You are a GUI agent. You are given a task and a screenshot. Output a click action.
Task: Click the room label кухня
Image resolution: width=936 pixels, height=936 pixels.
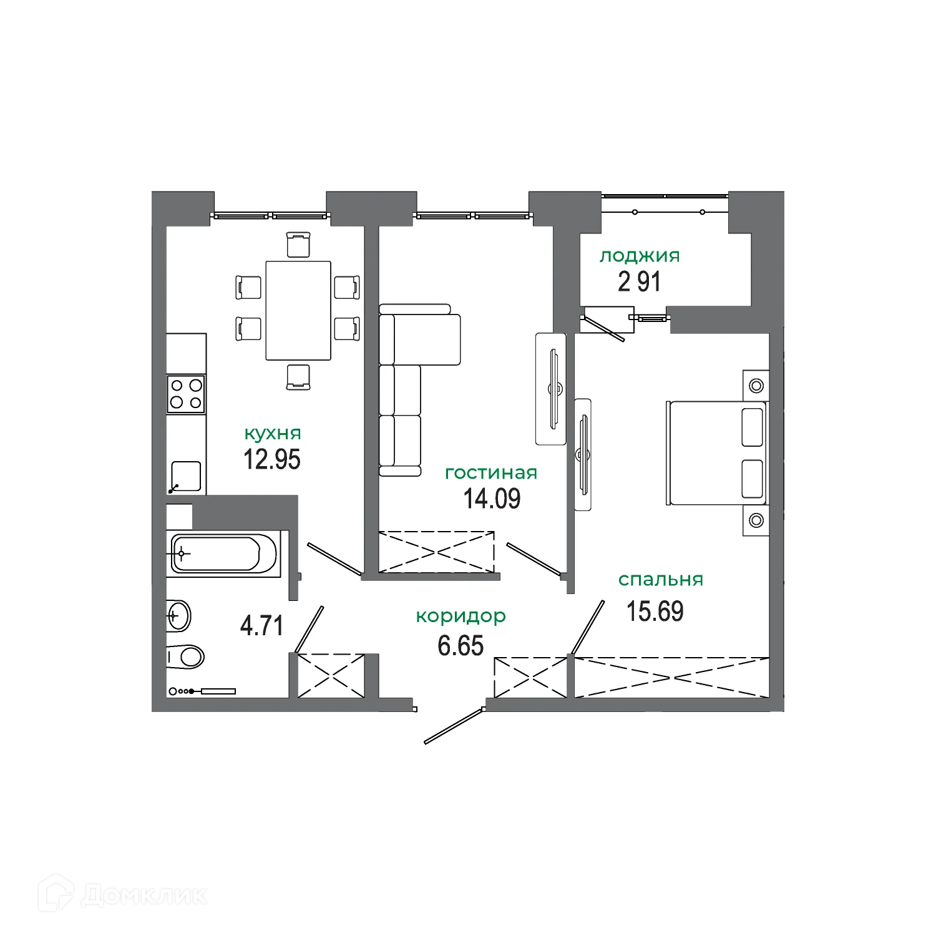pyautogui.click(x=272, y=434)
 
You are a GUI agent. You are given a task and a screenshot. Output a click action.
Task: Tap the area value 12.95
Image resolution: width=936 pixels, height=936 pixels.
pyautogui.click(x=272, y=460)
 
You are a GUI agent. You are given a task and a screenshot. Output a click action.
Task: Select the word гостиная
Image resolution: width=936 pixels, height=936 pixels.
pyautogui.click(x=491, y=473)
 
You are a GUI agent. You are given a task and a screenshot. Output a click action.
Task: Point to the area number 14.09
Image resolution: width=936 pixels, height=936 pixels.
pyautogui.click(x=492, y=499)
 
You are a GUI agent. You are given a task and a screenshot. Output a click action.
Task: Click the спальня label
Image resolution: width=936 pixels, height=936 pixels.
pyautogui.click(x=660, y=580)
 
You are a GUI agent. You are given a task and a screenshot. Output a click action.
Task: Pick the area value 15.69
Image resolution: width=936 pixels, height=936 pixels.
pyautogui.click(x=655, y=612)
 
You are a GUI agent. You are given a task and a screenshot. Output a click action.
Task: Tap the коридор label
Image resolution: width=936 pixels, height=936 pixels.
pyautogui.click(x=461, y=617)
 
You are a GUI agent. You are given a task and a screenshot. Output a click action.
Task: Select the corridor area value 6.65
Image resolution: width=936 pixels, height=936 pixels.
pyautogui.click(x=461, y=646)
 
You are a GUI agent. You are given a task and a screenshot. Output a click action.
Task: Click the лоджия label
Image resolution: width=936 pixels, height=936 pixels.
pyautogui.click(x=640, y=256)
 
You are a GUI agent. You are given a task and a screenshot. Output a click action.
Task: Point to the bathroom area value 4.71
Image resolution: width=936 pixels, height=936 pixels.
pyautogui.click(x=262, y=625)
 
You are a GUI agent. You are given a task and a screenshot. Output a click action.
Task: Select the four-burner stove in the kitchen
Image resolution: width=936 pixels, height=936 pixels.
pyautogui.click(x=186, y=394)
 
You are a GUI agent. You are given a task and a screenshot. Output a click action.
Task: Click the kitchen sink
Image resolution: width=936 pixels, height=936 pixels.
pyautogui.click(x=186, y=476)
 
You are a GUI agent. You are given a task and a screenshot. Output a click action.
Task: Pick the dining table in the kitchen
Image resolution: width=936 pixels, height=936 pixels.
pyautogui.click(x=298, y=310)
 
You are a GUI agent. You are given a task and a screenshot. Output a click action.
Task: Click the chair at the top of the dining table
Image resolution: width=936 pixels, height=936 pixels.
pyautogui.click(x=298, y=244)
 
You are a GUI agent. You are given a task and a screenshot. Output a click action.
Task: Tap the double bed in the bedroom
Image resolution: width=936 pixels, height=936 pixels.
pyautogui.click(x=716, y=453)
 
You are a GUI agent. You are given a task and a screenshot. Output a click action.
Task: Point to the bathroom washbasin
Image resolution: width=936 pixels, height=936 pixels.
pyautogui.click(x=179, y=617)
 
